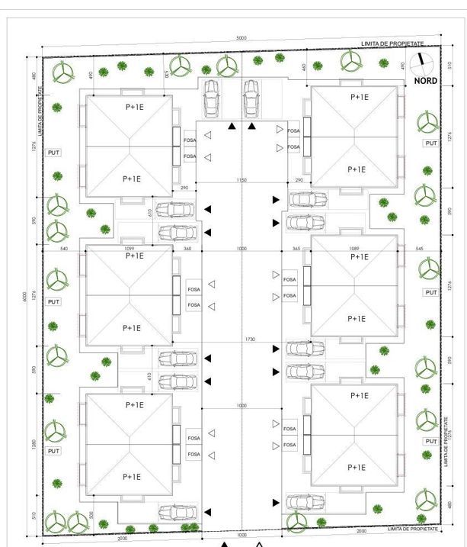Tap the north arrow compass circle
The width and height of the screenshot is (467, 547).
point(421,63)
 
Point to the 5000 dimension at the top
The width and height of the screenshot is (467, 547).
point(241,38)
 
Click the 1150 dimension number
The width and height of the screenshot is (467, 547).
point(241,181)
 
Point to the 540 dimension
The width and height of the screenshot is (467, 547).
point(64,249)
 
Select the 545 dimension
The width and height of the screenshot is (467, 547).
point(418,249)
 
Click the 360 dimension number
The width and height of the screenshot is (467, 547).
point(187,249)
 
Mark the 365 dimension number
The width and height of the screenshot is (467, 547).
point(296,249)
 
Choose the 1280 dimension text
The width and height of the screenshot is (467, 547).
point(34,444)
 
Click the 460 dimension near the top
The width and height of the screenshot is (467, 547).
point(303,68)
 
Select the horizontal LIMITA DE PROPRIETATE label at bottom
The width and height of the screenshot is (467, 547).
point(414,528)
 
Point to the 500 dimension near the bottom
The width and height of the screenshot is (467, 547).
point(91,516)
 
